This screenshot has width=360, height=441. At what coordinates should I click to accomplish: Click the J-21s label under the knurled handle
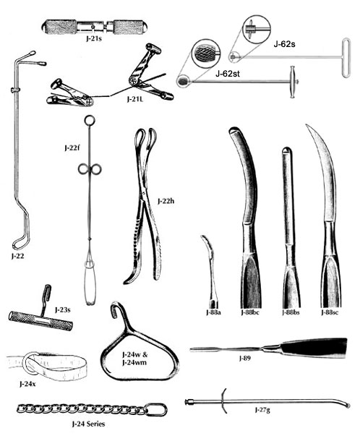click(94, 38)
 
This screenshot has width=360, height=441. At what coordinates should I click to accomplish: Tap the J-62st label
click(228, 74)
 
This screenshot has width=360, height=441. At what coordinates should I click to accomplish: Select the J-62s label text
click(284, 44)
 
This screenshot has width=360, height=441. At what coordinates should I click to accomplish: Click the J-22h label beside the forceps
click(166, 201)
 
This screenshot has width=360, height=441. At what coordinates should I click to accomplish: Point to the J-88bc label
click(249, 312)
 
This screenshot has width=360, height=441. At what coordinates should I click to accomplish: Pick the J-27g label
click(262, 410)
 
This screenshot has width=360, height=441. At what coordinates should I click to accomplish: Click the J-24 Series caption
click(88, 424)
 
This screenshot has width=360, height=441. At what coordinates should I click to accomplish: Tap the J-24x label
click(27, 384)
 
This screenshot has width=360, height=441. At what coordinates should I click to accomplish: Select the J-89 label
click(244, 359)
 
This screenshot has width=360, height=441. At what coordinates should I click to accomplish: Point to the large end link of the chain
click(156, 409)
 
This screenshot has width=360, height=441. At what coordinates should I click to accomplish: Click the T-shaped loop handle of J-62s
click(346, 59)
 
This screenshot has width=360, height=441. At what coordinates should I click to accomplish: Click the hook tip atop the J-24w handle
click(115, 309)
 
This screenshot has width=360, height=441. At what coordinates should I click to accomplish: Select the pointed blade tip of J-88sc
click(307, 126)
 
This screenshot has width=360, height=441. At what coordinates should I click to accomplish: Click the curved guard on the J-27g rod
click(223, 401)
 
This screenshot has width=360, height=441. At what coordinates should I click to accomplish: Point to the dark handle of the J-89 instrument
click(314, 348)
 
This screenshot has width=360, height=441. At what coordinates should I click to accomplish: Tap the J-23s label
click(62, 310)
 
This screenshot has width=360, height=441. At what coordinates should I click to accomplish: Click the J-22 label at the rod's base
click(17, 256)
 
